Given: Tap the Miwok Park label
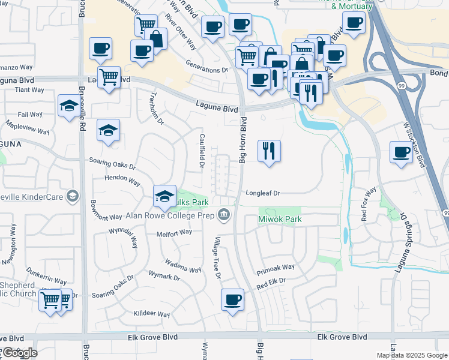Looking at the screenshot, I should pos(280,220).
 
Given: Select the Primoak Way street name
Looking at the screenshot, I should pos(276,267).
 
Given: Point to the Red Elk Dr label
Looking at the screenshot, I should pos(271,280).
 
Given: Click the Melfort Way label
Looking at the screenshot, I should pos(174,232).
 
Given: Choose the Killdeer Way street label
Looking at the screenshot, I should pos(152,314).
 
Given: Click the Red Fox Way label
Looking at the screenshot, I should pos(369,205).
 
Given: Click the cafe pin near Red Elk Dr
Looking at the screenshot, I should pos(232,299).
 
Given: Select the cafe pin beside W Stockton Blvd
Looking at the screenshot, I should pos(401,152).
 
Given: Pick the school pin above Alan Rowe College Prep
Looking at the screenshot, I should pos(164,196).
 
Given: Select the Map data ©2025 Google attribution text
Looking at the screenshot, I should pos(412,355).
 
